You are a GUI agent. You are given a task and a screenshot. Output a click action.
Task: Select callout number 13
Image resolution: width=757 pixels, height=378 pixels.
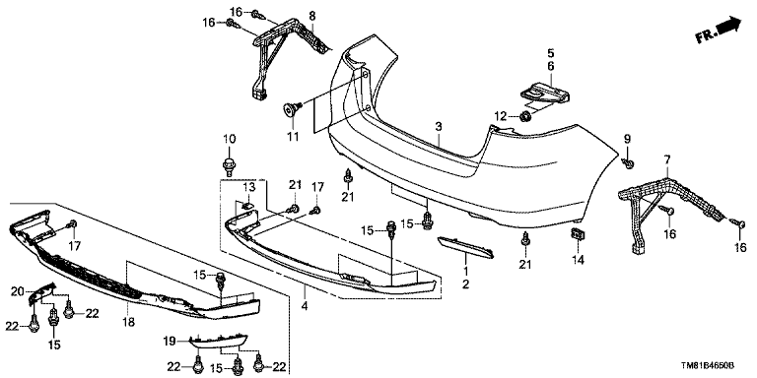tap(249, 187)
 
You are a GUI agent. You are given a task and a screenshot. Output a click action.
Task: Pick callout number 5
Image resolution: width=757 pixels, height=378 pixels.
tap(551, 53)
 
